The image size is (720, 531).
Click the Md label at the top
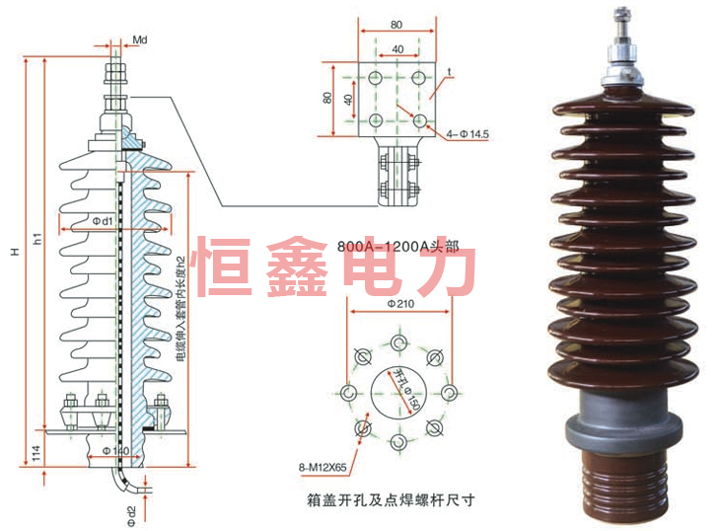(x=140, y=38)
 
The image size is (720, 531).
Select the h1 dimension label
(x=37, y=238)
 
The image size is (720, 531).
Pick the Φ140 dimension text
(x=116, y=451)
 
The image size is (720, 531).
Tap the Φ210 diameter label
(x=399, y=305)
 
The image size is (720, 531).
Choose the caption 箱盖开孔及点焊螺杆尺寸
(x=392, y=499)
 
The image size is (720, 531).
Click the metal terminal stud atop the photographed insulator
(x=623, y=30)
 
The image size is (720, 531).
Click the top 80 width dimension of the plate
(x=396, y=24)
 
